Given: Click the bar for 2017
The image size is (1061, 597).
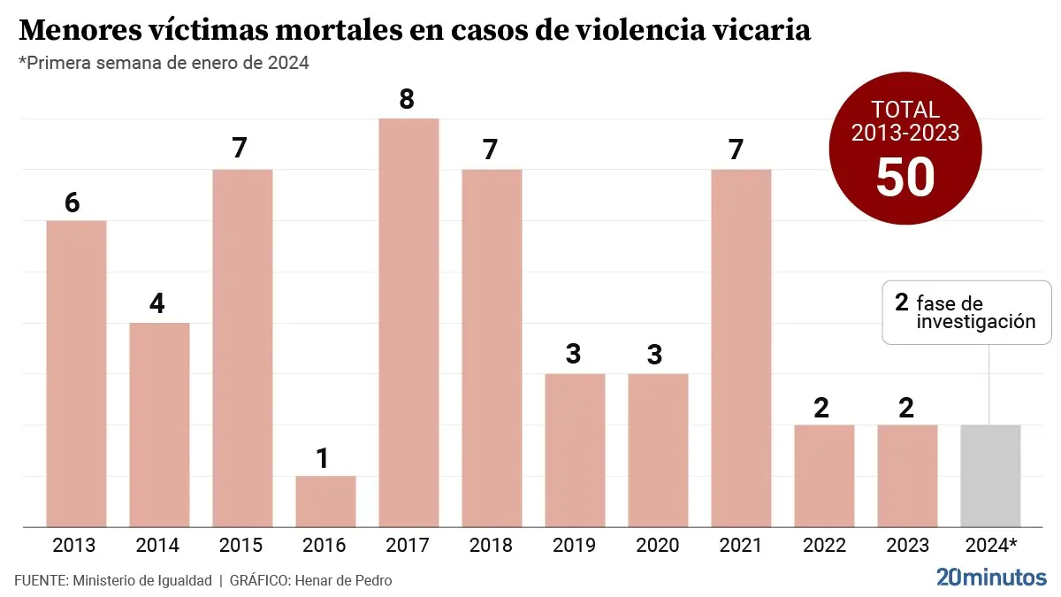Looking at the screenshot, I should tap(408, 323).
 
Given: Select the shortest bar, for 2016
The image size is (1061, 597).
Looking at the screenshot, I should tap(325, 501).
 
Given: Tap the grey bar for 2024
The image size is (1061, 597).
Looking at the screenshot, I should tap(990, 476).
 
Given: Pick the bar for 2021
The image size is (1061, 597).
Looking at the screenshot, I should tap(741, 348).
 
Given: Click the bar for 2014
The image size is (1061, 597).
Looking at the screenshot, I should tap(159, 425).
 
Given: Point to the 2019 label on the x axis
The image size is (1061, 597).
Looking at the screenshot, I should tap(575, 545).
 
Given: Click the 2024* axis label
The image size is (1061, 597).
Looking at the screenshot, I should tap(991, 545).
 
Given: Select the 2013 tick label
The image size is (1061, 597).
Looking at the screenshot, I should tap(75, 545).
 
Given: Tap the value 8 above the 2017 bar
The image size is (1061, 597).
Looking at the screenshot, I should tap(407, 98).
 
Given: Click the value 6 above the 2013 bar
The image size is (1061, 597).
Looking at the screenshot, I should tap(73, 203).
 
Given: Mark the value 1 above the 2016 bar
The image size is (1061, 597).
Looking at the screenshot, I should tap(323, 458).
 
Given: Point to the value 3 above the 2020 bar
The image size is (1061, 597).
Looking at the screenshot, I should tap(655, 355).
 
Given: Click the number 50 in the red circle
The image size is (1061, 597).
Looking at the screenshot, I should tap(905, 177).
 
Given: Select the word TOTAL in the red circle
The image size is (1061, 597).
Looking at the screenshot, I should tap(905, 110).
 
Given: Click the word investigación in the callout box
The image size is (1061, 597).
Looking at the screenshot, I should tap(975, 322).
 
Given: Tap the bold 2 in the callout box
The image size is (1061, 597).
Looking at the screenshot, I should tap(901, 302).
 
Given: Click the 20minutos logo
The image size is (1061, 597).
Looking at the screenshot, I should tap(990, 578).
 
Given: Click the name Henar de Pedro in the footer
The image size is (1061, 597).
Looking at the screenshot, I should tap(341, 580).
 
